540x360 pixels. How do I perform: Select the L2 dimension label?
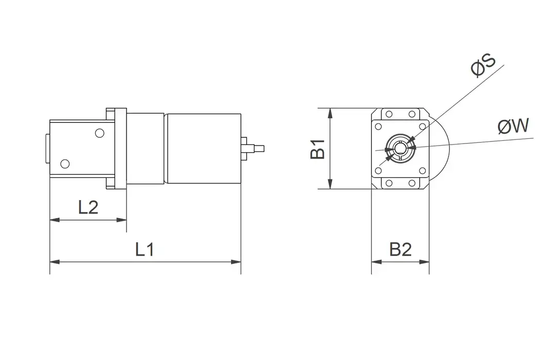pos(88,207)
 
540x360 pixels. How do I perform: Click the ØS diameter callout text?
pos(483,66)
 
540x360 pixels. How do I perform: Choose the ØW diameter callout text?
pos(513,126)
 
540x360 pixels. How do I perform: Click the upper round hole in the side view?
pos(99,133)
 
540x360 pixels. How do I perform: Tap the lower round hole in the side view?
pos(64,164)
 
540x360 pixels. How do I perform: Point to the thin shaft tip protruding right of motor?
pos(260,149)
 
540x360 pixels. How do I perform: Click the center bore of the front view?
pos(400,149)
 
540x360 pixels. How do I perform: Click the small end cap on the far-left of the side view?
pos(47,149)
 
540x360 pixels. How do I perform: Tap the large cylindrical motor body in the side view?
pos(203,149)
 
